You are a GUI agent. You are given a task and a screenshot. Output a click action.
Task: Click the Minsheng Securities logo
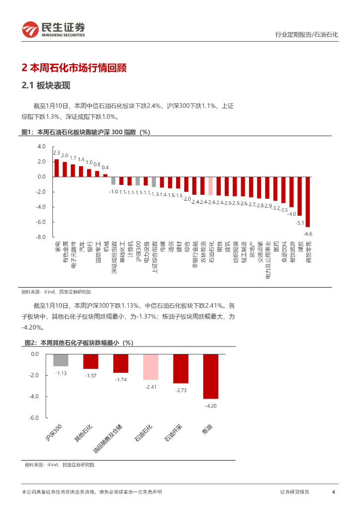tap(54, 29)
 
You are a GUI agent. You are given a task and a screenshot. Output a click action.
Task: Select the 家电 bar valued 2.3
tap(57, 168)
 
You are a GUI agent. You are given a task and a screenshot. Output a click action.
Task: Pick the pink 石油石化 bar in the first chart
tap(211, 185)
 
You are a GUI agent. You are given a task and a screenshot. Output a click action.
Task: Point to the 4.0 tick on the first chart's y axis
tap(41, 147)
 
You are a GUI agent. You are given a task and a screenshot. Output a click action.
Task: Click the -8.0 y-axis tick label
tap(40, 237)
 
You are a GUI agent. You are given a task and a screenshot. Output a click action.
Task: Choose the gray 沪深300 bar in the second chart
tap(61, 360)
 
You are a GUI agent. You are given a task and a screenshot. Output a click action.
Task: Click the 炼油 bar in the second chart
tap(210, 376)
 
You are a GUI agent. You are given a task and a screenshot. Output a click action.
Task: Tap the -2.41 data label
tap(150, 386)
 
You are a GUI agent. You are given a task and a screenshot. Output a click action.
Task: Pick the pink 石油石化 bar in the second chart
tap(150, 367)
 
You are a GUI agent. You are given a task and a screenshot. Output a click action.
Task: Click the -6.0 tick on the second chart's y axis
tap(35, 418)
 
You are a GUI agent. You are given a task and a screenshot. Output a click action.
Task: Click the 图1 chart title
tap(86, 132)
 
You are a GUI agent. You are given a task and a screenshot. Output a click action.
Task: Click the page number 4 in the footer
tap(333, 492)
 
